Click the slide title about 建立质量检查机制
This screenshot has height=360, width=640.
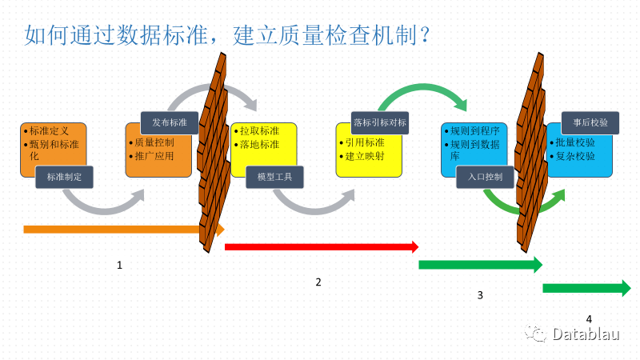click(x=229, y=35)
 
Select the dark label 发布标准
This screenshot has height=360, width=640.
click(x=169, y=122)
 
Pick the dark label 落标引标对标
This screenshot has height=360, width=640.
click(x=381, y=122)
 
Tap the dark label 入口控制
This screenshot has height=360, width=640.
click(x=486, y=177)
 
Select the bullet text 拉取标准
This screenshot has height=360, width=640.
click(x=259, y=130)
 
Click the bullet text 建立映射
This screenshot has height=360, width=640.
click(x=364, y=156)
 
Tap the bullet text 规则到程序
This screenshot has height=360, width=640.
click(x=476, y=130)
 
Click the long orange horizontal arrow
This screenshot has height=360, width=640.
click(x=112, y=230)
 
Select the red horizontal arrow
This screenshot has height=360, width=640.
click(x=320, y=247)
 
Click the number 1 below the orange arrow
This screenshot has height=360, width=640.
click(x=119, y=265)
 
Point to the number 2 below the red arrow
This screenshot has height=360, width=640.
click(x=318, y=282)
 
